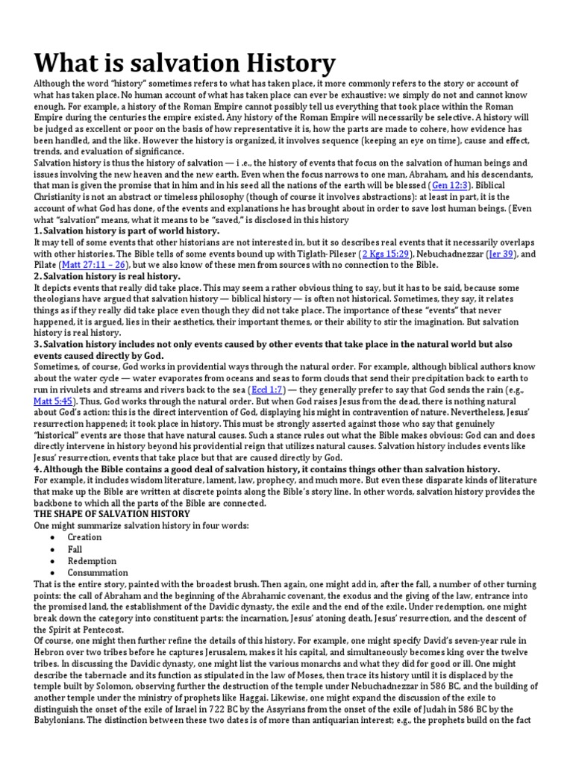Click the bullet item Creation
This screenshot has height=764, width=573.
(x=84, y=536)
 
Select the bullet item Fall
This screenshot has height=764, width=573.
(x=75, y=548)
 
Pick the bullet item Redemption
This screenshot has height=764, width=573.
(x=92, y=560)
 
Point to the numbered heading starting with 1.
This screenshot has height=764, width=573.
(x=127, y=231)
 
